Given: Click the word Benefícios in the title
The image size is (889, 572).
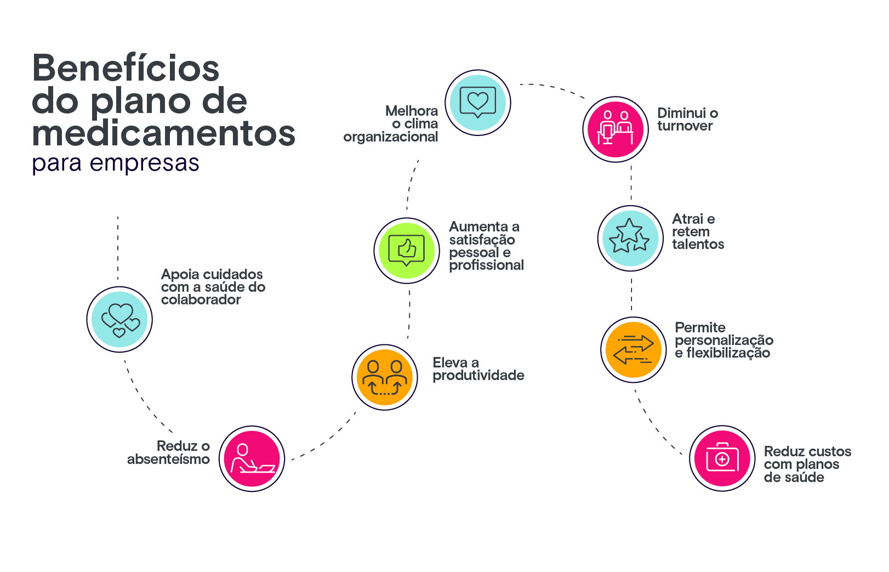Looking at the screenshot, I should point(126,69).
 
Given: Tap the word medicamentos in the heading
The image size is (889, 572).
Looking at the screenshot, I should point(163,133).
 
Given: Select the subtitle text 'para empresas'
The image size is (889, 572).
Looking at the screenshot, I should point(116,163).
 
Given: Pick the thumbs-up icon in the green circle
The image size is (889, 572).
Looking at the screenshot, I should point(407,251).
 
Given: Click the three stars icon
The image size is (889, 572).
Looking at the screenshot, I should point(630,238).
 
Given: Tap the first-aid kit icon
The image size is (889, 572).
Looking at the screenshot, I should point(722,458).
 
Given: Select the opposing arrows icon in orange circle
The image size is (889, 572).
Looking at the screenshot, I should point(634,349).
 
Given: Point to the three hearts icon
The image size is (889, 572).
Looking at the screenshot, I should point(119,319).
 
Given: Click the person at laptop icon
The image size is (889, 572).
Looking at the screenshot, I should point(252,459).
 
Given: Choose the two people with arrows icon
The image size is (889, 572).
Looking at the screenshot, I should point(385,377).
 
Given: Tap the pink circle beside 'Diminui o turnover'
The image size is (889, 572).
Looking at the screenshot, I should point(615,129).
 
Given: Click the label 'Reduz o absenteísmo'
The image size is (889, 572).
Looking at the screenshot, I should point(169,452).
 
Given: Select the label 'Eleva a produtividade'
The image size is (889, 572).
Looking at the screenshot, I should point(478,369).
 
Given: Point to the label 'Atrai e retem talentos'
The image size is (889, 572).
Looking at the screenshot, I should point(698,231).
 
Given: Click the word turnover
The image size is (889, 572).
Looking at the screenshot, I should point(685,126).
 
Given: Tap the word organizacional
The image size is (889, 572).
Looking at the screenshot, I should point(390,137).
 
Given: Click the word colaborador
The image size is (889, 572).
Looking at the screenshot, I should point(201,300).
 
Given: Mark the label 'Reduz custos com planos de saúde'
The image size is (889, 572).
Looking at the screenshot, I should point(807,464).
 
